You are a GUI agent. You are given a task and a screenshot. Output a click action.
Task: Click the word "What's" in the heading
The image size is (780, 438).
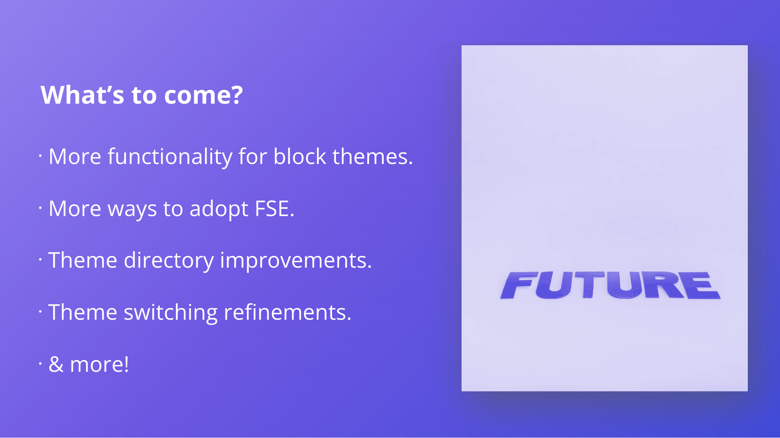coord(82,94)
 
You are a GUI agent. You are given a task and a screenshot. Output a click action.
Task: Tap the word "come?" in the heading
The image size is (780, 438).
coord(204,94)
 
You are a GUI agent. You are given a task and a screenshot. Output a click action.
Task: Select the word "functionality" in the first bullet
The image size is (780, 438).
coord(170,156)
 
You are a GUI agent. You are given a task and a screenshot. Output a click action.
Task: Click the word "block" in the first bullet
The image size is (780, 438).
coord(300,156)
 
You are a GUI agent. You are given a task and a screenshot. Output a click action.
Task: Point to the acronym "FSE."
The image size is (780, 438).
coord(275,209)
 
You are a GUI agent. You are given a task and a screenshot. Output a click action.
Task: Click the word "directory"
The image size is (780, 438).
coord(168,260)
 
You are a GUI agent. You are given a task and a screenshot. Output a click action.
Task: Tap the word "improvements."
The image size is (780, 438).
coord(296,260)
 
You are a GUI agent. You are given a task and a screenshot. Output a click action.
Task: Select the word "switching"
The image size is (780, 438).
coord(170,312)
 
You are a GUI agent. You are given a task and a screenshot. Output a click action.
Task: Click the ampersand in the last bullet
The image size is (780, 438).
coord(56,364)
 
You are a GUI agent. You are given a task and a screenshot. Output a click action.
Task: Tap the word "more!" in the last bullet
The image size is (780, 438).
coord(99,364)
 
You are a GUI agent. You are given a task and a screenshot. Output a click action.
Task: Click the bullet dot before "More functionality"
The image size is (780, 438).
coord(40,156)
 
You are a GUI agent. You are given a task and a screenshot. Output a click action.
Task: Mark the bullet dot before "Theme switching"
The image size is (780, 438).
coord(40,311)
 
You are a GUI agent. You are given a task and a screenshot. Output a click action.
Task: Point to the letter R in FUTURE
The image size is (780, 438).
coord(664,285)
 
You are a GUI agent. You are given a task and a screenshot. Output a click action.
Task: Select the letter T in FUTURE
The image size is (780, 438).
coord(589,285)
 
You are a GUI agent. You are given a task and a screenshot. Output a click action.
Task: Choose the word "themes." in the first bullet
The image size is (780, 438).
coord(372,156)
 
